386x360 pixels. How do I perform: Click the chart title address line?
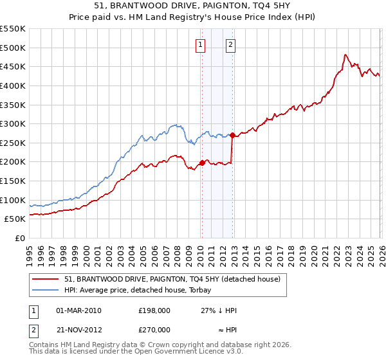coord(193,7)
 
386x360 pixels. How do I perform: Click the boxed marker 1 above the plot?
coord(201,45)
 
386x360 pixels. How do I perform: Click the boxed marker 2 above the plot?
coord(230,45)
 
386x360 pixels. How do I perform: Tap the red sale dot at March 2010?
coord(201,163)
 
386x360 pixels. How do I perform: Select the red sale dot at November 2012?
coord(232,135)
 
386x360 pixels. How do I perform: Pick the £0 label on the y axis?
coord(19,238)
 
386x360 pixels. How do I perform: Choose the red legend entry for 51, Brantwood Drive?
coord(172,279)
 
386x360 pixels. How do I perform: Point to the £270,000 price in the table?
coord(154,328)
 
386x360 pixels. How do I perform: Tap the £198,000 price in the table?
coord(154,310)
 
